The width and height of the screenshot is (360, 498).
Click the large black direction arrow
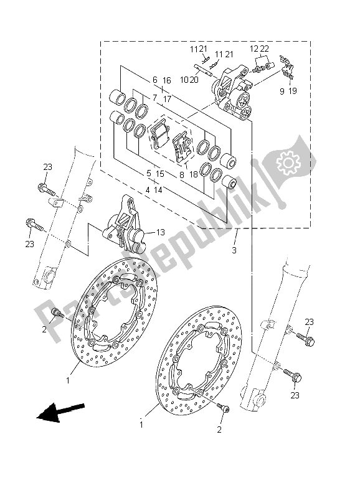(x=60, y=411)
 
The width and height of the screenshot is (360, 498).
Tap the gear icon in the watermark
(x=288, y=164)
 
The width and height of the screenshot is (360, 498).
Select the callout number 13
(x=160, y=232)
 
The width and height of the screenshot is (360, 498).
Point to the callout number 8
(x=181, y=175)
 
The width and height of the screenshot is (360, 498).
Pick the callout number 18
(x=194, y=175)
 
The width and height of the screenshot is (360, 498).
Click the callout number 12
(x=253, y=49)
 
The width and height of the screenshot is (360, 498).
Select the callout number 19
(x=293, y=91)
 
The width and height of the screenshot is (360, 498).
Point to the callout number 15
(x=160, y=174)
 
